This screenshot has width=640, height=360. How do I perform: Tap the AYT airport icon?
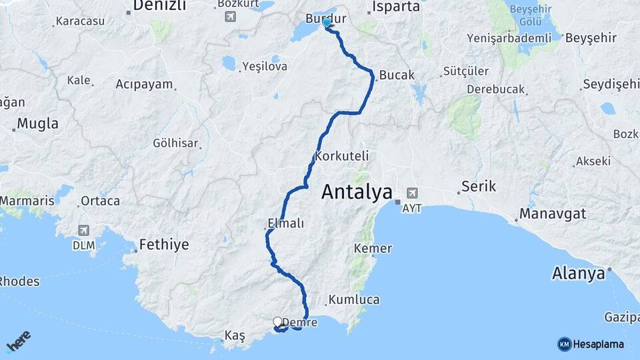412,192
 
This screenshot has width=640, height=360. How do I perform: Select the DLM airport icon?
83,230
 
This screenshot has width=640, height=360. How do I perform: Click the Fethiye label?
164,245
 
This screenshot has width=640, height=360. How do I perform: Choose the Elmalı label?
285,223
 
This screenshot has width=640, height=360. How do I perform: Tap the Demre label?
303,323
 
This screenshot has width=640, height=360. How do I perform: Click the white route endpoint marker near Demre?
277,321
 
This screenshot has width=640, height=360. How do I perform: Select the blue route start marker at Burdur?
327,23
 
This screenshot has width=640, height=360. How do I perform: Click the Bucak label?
397,75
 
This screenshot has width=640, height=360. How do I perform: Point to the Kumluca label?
354,300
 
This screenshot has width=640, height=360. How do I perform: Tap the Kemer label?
373,249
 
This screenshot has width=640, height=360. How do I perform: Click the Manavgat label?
553,214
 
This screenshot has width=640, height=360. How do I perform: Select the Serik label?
479,187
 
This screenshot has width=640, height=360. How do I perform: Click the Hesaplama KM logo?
591,344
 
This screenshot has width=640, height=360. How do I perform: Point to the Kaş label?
235,335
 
